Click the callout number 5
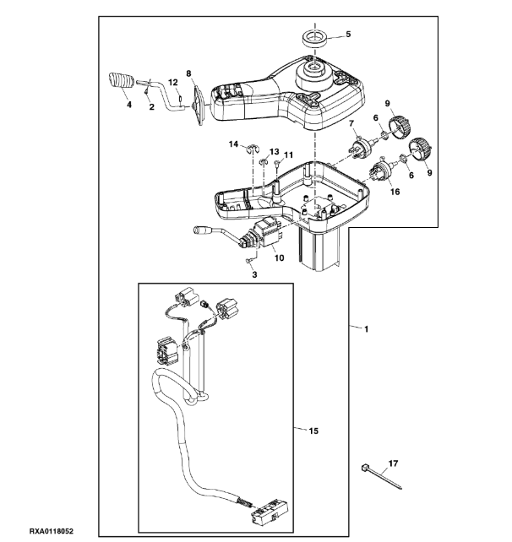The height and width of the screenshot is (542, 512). click(x=348, y=34)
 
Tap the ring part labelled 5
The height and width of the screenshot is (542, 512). click(x=315, y=38)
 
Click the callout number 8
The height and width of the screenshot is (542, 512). click(x=188, y=73)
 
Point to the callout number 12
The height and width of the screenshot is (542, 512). click(x=173, y=83)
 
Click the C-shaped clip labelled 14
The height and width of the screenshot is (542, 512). click(x=253, y=149)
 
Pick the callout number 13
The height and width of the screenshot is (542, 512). click(x=274, y=152)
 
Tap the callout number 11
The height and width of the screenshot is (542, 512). click(x=288, y=154)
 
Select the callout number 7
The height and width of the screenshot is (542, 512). click(x=351, y=123)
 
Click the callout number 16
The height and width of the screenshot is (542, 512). click(x=395, y=192)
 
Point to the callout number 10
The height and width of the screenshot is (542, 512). click(x=279, y=257)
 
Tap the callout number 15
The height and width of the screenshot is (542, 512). click(x=313, y=431)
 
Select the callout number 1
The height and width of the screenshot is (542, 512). click(x=367, y=329)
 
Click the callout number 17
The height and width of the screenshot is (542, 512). click(x=394, y=463)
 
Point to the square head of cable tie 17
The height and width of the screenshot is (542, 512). click(x=364, y=468)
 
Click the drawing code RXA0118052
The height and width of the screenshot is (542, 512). click(x=52, y=531)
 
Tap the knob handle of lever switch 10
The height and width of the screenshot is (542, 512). click(x=200, y=229)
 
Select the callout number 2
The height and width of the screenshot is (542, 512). click(x=151, y=107)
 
